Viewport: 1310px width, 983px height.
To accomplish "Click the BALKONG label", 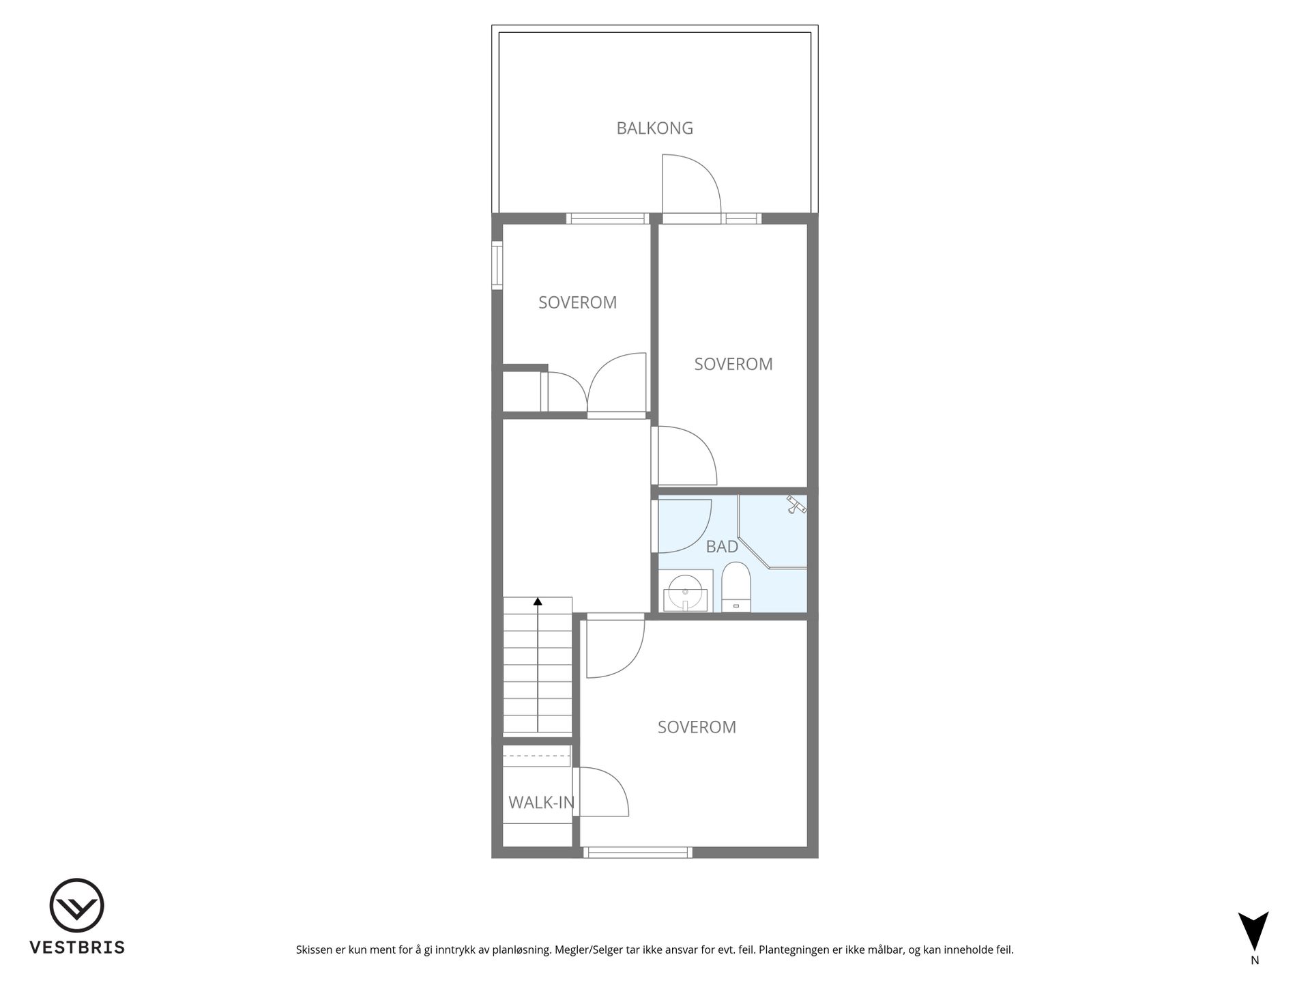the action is pyautogui.click(x=654, y=128).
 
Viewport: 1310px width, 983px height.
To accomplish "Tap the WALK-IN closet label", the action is pyautogui.click(x=541, y=803).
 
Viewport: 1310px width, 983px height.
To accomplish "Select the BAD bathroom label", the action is pyautogui.click(x=722, y=547).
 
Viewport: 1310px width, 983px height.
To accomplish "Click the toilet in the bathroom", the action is pyautogui.click(x=736, y=587).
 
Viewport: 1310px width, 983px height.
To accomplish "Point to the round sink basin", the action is pyautogui.click(x=684, y=592).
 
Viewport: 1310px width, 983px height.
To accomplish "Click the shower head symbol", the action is pyautogui.click(x=796, y=504).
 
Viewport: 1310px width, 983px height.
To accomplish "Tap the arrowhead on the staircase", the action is pyautogui.click(x=538, y=601).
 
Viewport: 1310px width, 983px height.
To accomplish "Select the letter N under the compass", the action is pyautogui.click(x=1255, y=960).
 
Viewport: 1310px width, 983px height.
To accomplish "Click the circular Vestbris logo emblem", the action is pyautogui.click(x=76, y=905).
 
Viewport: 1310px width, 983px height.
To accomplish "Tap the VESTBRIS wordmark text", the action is pyautogui.click(x=77, y=948).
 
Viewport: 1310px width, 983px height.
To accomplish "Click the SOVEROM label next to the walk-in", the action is pyautogui.click(x=697, y=728).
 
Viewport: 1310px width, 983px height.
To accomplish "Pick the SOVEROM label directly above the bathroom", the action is pyautogui.click(x=733, y=365).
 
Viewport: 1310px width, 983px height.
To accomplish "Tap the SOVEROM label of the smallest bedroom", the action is pyautogui.click(x=577, y=303).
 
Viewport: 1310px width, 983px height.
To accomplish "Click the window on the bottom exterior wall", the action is pyautogui.click(x=638, y=852).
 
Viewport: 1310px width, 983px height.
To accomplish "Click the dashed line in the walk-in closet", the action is pyautogui.click(x=536, y=756).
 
